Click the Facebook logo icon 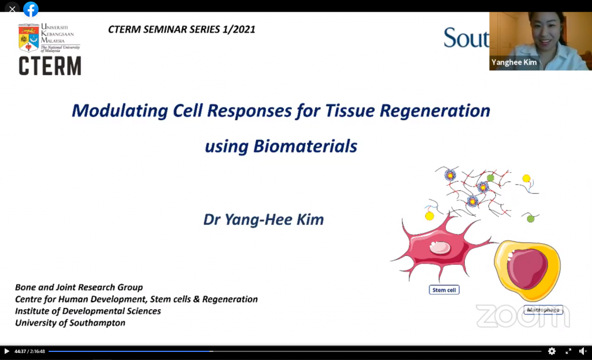tap(31, 9)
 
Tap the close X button tap(12, 9)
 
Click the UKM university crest tap(29, 38)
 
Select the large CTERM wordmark tap(50, 66)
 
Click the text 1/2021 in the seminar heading tap(239, 29)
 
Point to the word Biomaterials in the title tap(305, 146)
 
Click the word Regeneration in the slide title tap(435, 111)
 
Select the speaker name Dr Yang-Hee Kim tap(264, 220)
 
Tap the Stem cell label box tap(444, 290)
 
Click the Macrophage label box tap(543, 310)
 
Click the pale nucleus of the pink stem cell tap(440, 247)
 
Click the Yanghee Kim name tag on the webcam tap(514, 62)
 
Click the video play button tap(6, 351)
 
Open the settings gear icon tap(552, 351)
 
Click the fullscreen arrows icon tap(568, 351)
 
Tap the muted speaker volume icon tap(583, 351)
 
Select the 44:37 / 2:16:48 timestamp tap(30, 351)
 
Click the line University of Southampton tap(70, 323)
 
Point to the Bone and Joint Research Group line tap(79, 288)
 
